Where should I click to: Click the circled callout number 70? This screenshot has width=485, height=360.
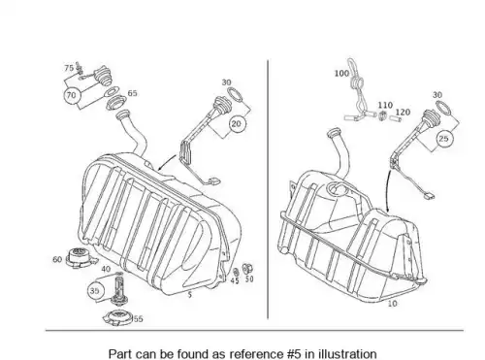pos(71,95)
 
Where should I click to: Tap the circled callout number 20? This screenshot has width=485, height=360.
pos(237,124)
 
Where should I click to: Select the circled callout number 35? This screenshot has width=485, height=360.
pos(94,290)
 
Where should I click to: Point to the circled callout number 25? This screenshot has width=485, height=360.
pos(444,139)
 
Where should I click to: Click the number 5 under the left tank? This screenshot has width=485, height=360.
pos(190,295)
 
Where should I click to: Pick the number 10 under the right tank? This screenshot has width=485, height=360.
pos(392,304)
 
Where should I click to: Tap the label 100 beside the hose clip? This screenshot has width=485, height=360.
pos(341,74)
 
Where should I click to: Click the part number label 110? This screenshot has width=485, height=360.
pos(385,105)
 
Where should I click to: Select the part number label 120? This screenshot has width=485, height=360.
pos(403,113)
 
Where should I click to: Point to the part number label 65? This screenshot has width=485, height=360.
pos(133,93)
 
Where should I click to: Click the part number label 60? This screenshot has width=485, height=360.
pos(57,259)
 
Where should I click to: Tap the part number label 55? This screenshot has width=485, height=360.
pos(138,319)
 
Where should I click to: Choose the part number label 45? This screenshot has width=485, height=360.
pos(235,280)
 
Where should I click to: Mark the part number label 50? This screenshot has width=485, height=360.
pos(249,278)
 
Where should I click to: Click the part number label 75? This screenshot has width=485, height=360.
pos(69,68)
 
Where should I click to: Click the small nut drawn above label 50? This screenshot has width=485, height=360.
pos(247,268)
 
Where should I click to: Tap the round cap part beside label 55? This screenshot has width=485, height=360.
pos(117,317)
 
